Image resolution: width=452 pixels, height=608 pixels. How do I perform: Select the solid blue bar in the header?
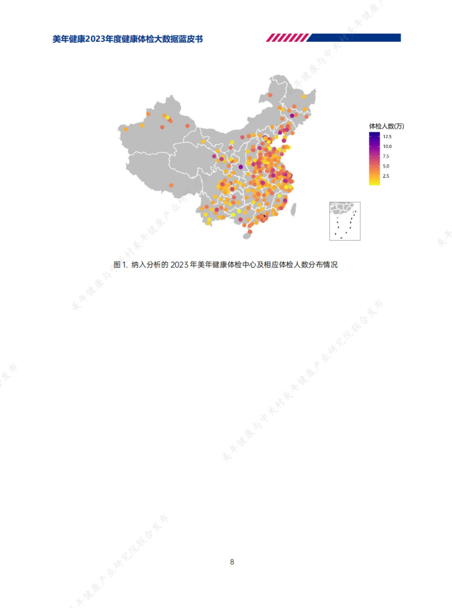[354, 38]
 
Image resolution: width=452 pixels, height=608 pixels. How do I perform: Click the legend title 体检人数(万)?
[386, 126]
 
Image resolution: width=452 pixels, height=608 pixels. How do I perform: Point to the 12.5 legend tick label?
[387, 137]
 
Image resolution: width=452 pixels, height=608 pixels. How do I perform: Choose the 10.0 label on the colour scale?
[387, 146]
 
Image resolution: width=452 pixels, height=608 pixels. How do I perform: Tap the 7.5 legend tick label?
[386, 156]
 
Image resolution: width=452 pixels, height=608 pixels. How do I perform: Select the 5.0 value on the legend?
[386, 166]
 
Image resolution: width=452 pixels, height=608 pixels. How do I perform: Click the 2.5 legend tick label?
[386, 176]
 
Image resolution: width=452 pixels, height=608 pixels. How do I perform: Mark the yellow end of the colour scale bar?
[374, 182]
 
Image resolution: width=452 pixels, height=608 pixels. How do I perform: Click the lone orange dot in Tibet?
[171, 185]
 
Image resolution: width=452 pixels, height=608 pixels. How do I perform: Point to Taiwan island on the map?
[293, 210]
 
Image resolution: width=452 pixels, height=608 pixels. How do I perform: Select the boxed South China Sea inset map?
[345, 221]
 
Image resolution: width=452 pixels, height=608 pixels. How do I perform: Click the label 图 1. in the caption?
[121, 265]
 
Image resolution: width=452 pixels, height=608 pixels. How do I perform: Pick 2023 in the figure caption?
[179, 265]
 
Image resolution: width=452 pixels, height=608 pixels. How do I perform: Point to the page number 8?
[232, 562]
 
